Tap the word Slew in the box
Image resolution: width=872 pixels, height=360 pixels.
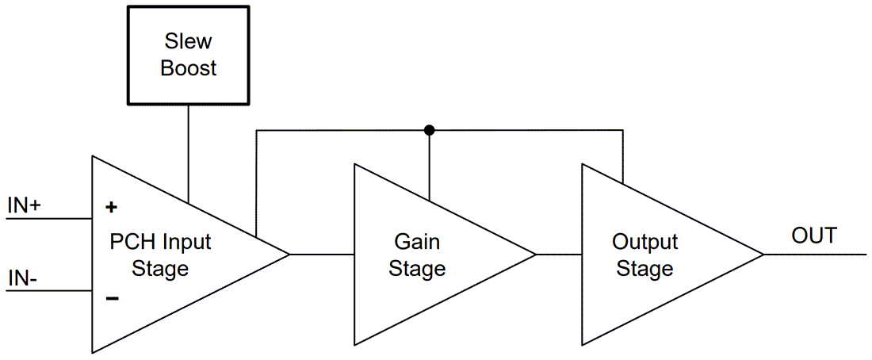pos(189,40)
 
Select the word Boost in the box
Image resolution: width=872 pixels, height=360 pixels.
pos(189,68)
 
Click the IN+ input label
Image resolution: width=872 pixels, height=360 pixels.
pos(25,205)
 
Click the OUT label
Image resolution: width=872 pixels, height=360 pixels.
pos(813,236)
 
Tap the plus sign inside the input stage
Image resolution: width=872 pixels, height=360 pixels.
pos(112,208)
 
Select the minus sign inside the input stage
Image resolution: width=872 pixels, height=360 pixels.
pos(112,298)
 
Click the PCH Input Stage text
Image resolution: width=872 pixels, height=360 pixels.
pos(160,255)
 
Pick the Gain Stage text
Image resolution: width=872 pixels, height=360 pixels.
pos(417,255)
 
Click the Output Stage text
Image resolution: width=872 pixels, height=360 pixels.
pos(644,255)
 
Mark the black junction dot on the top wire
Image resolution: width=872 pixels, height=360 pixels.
pos(429,130)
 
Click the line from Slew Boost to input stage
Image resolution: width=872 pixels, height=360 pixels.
pos(188,151)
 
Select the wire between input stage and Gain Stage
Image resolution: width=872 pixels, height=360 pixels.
pos(322,255)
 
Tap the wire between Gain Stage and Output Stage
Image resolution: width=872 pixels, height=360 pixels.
pos(559,255)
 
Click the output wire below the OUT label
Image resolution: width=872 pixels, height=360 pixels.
pos(817,255)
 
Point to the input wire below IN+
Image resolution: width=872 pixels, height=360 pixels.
pos(48,218)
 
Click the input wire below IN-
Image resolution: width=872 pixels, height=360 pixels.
pos(48,291)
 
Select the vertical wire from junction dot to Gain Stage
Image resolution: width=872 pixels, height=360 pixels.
pos(429,167)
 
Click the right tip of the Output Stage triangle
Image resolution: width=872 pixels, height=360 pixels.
pos(763,255)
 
